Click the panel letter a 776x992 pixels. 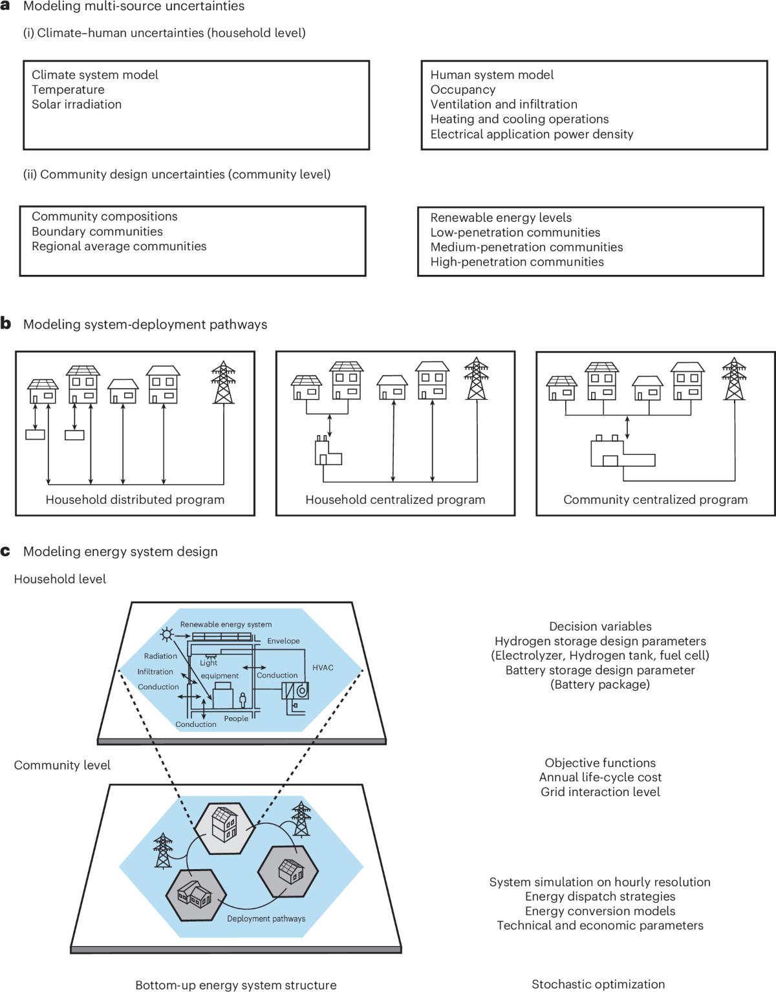point(5,6)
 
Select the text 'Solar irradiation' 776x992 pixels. point(76,104)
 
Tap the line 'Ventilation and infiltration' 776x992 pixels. point(504,104)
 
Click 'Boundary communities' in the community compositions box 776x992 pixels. point(97,232)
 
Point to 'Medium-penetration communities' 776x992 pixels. point(526,247)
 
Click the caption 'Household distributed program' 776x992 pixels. point(135,500)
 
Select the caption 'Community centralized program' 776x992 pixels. point(655,500)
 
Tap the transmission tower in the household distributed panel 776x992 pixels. point(224,382)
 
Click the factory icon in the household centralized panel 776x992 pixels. point(327,451)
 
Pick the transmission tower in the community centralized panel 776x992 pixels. point(734,379)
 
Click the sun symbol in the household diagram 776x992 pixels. point(167,634)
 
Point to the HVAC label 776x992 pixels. point(323,667)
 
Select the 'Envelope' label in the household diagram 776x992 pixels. point(283,641)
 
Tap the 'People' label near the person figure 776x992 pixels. point(236,718)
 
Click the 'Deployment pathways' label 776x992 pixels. point(266,919)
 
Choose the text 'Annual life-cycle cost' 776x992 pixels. point(600,777)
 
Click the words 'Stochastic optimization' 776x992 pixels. point(598,984)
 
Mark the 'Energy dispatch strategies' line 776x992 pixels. point(600,896)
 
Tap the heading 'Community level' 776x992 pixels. point(62,765)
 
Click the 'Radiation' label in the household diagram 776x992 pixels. point(160,656)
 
